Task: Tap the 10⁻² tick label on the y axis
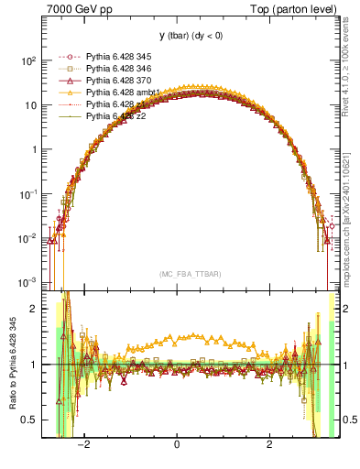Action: (28, 237)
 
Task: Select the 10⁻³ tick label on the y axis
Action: (28, 281)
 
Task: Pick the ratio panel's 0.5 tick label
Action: (30, 420)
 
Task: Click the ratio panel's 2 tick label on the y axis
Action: (35, 309)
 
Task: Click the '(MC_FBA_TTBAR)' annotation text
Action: (178, 274)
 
